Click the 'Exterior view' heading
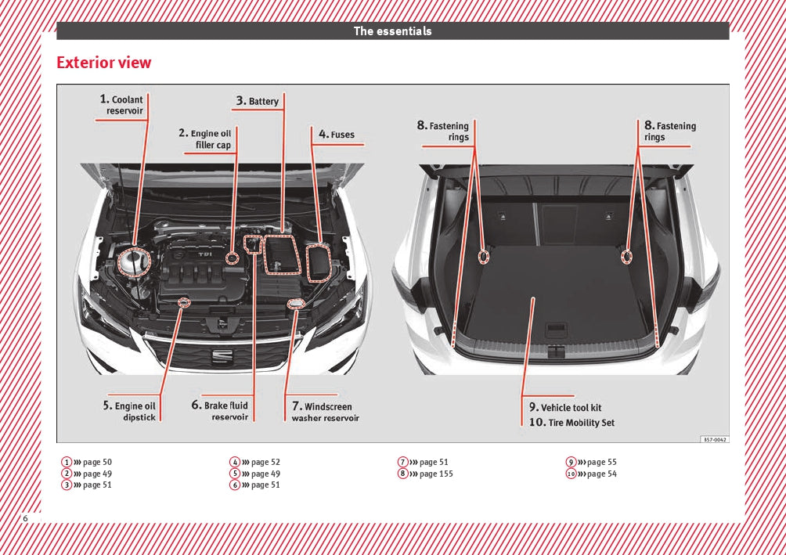(x=104, y=63)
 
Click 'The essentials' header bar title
(x=392, y=31)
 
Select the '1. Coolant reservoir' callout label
(x=123, y=105)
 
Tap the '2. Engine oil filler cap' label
(x=207, y=139)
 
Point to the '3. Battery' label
(x=258, y=101)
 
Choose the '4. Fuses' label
(x=337, y=135)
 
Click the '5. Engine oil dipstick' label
(x=131, y=412)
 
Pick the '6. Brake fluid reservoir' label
(x=220, y=411)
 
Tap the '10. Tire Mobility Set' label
(x=571, y=423)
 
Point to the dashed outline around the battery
(x=279, y=254)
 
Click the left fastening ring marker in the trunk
(x=484, y=256)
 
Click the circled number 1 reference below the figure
(x=67, y=462)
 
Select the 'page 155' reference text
(x=436, y=474)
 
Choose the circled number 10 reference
(x=571, y=474)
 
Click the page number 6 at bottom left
(x=25, y=518)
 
